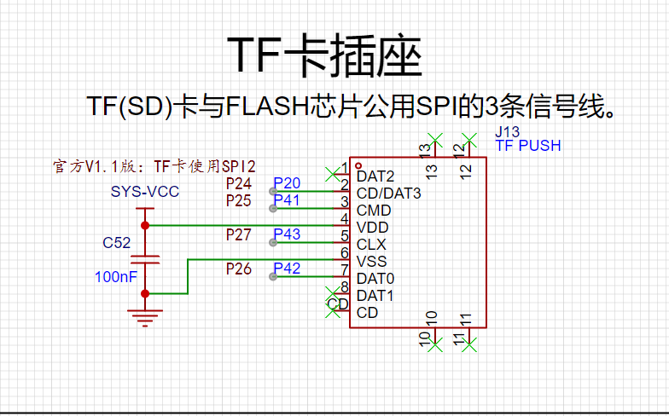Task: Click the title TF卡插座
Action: click(x=324, y=57)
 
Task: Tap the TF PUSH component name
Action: click(x=527, y=146)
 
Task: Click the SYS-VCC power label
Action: click(x=145, y=192)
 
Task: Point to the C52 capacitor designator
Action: click(x=116, y=243)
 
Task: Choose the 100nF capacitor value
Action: click(x=116, y=277)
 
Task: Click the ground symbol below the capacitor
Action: click(x=145, y=316)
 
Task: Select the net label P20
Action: click(x=287, y=183)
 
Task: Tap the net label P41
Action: click(x=287, y=200)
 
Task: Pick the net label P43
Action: click(x=287, y=234)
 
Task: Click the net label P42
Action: click(x=287, y=269)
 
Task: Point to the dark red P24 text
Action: click(x=239, y=183)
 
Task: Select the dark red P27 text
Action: click(x=239, y=234)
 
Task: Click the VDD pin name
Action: click(x=373, y=228)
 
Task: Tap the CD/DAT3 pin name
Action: click(x=389, y=194)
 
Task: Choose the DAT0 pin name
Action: click(x=375, y=279)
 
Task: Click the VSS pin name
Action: click(x=372, y=262)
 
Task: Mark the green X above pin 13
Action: click(x=435, y=139)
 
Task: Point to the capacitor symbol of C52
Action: click(x=145, y=259)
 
